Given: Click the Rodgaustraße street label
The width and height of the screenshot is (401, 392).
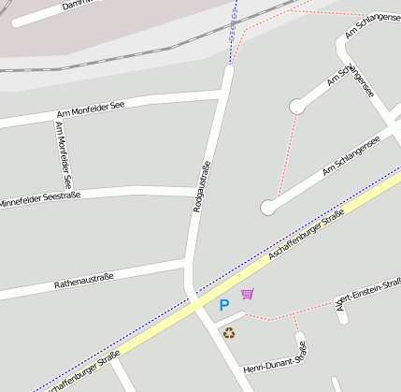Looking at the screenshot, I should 200,186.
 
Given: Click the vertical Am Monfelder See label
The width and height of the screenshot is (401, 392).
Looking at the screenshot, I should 64,155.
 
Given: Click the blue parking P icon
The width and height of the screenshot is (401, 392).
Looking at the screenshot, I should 223,305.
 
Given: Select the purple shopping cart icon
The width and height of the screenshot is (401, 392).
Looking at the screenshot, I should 247,295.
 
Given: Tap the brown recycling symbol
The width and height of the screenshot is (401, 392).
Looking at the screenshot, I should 229,332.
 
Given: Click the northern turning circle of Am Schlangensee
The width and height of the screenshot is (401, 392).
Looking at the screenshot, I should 297,107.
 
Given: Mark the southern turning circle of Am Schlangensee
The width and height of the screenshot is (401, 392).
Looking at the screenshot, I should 269,207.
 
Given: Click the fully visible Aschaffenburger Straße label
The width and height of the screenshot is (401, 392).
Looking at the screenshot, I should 307,235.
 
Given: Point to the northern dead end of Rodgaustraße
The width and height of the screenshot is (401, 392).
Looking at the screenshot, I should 228,68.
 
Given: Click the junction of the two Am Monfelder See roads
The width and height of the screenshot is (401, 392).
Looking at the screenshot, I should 53,118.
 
